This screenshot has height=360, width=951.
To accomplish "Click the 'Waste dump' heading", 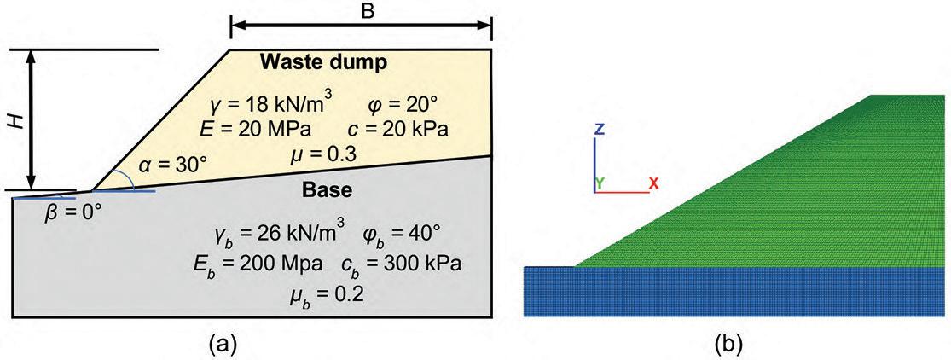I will (324, 62).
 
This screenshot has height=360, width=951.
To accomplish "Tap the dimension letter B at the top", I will (361, 12).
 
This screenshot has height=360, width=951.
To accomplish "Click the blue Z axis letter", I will (600, 130).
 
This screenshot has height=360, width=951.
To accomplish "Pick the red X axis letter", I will (653, 183).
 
